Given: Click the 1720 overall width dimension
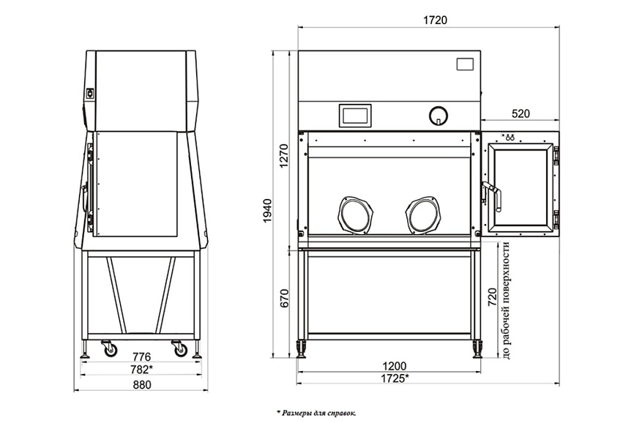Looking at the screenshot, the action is pos(435,20).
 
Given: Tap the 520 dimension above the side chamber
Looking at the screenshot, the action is pos(521,114).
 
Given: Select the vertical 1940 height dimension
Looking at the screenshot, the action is pos(267,211).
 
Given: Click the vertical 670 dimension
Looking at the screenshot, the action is pos(285,298).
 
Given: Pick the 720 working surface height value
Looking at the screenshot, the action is pos(492,297).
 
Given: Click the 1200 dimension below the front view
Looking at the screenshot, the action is pos(394,366).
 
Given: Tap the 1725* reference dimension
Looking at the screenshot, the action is pos(395,378).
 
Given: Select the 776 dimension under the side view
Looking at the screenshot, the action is pos(141,356).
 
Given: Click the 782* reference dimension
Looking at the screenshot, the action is pos(141,369).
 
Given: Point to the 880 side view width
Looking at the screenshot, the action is pos(141,385).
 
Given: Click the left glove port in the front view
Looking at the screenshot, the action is pos(355,215).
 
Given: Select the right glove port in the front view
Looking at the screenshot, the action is pos(423,215).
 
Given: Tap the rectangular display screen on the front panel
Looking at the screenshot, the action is pos(355,115).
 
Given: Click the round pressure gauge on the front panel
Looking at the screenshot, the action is pos(439,116).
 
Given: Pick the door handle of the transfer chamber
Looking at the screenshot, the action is pos(492,196).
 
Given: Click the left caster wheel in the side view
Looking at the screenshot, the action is pos(109,348).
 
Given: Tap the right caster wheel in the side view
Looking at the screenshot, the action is pos(179,348).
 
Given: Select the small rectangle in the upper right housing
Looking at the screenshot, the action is pos(465,64).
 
